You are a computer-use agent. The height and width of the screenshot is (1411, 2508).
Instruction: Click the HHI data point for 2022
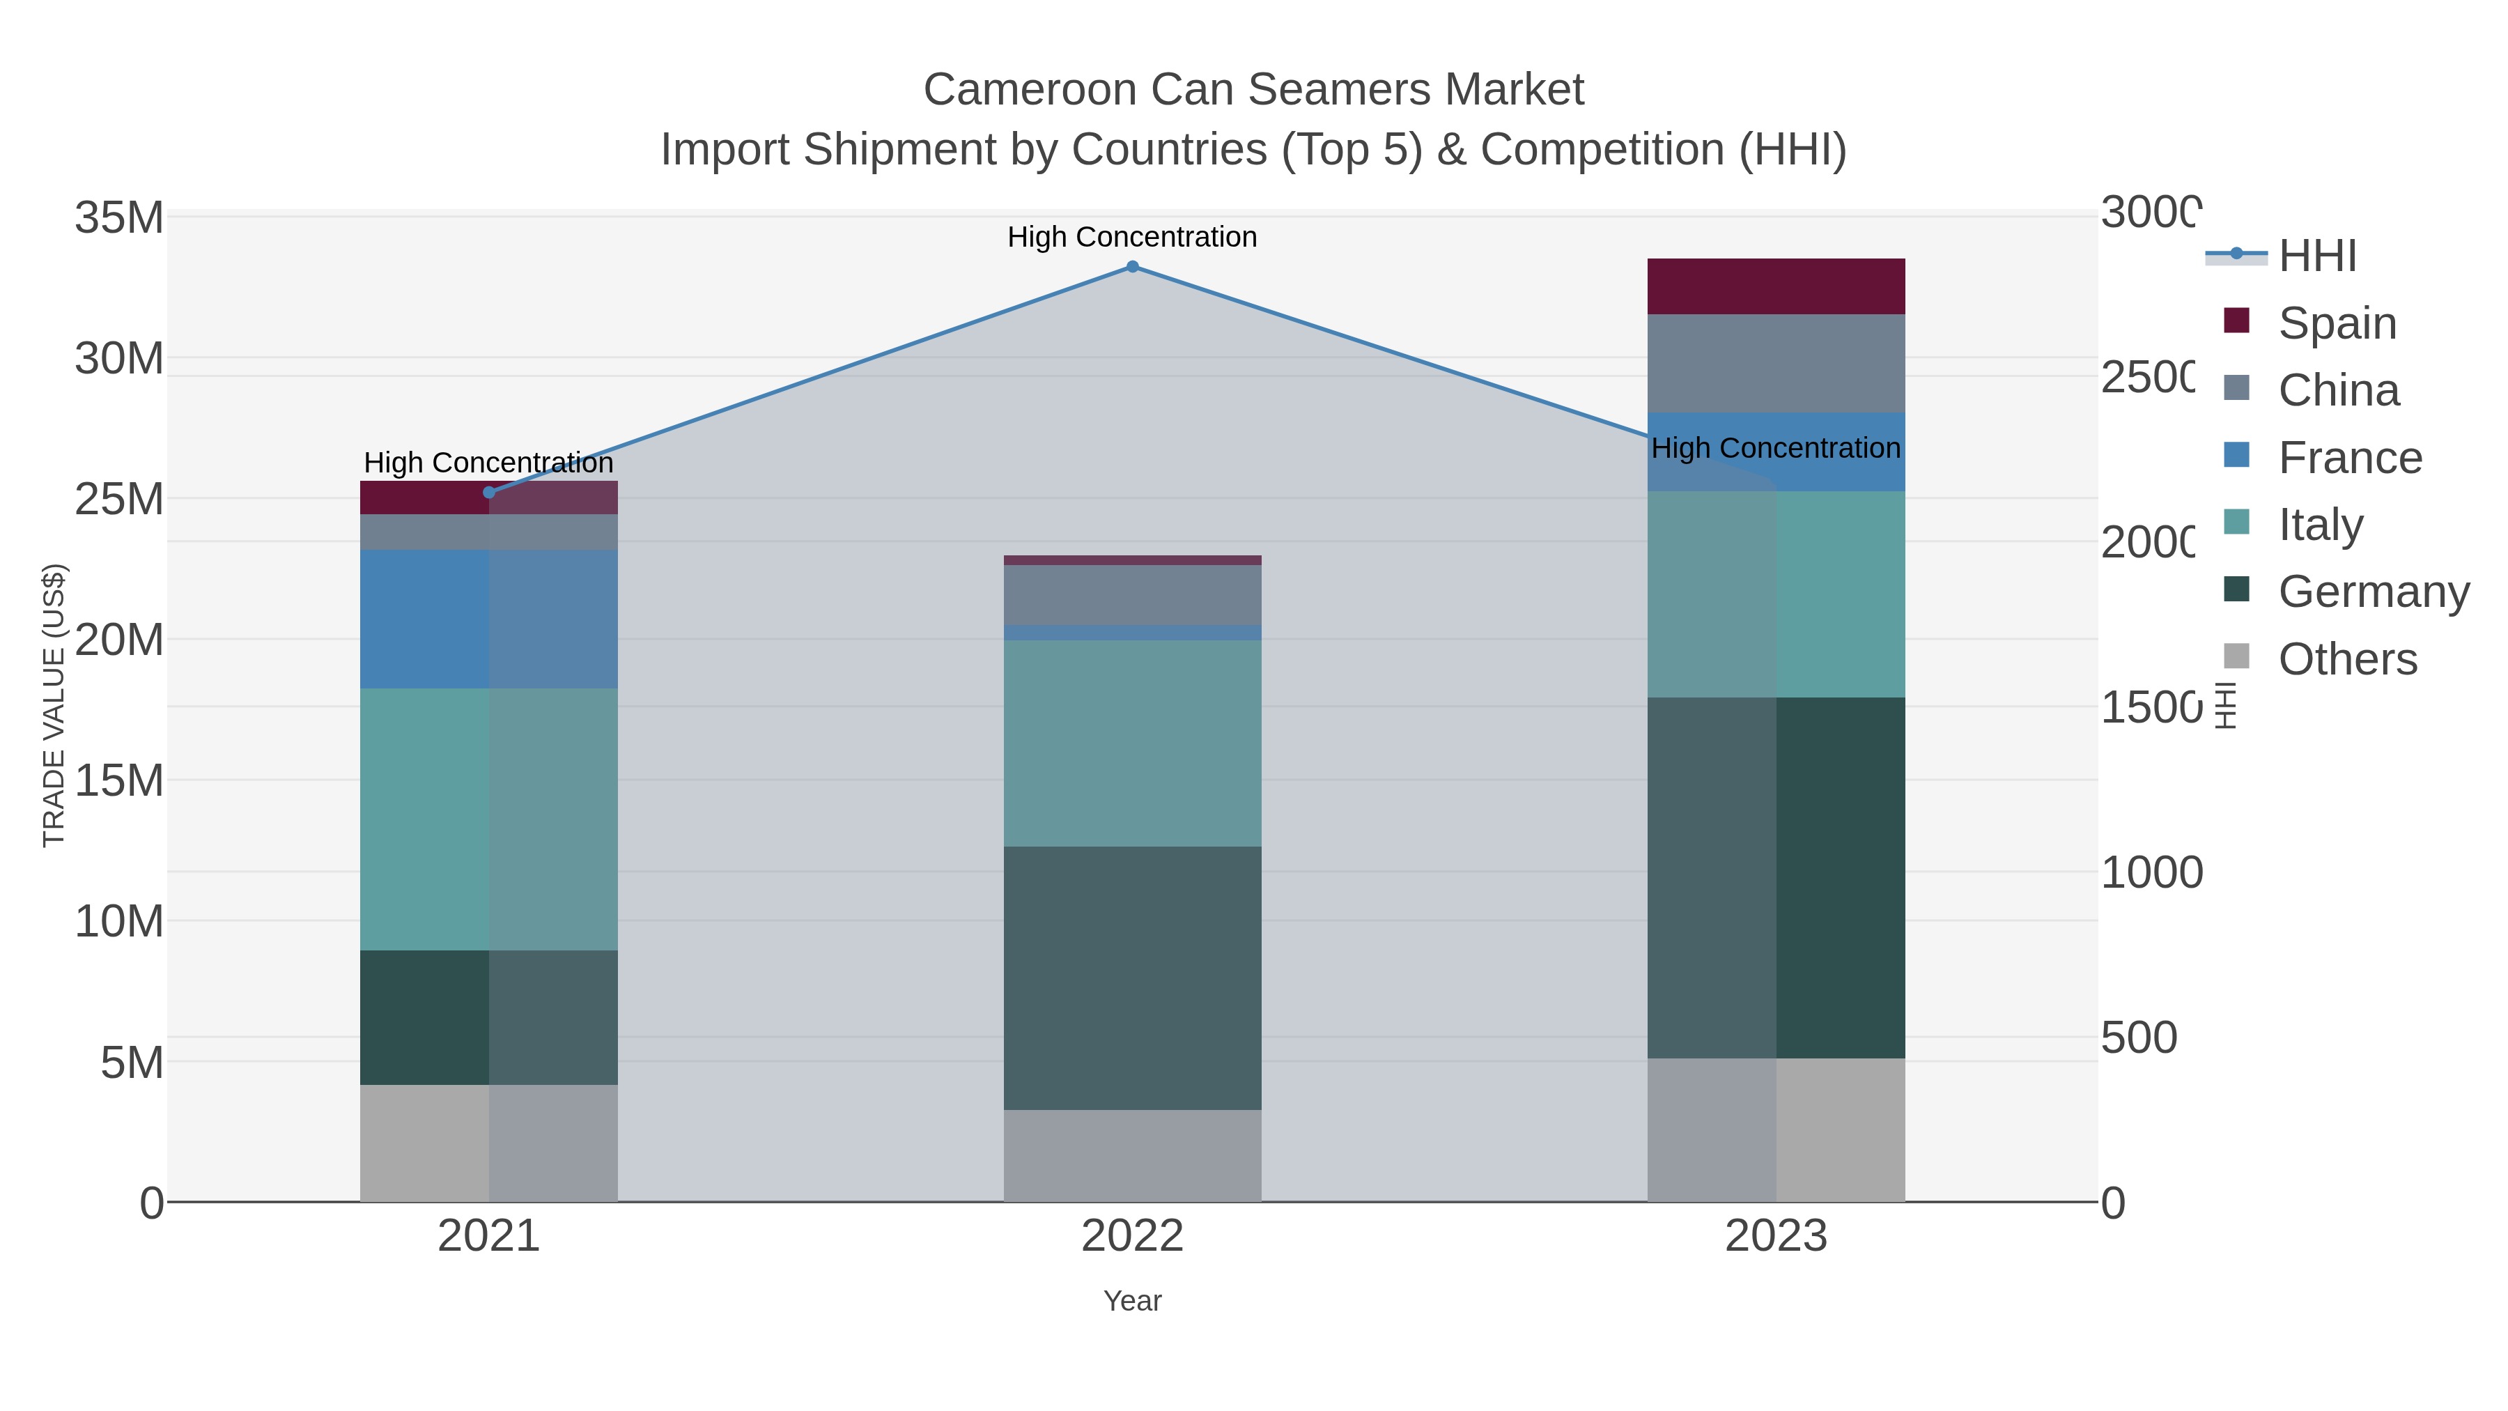click(1132, 267)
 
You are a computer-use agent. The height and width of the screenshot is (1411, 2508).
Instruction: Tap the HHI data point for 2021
click(489, 493)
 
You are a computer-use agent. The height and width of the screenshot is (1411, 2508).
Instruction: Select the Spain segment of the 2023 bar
click(1776, 286)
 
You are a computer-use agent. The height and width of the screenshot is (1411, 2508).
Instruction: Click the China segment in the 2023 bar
click(1776, 363)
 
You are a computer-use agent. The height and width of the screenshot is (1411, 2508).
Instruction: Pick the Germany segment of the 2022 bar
click(1132, 978)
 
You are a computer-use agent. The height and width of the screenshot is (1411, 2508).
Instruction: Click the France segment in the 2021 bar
click(489, 619)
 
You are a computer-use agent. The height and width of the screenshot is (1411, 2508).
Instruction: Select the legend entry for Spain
click(2337, 323)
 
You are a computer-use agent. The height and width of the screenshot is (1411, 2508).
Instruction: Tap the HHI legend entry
click(2316, 256)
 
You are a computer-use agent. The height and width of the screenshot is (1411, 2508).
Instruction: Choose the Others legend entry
click(2346, 659)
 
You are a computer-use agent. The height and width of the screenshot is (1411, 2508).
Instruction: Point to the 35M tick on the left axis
click(118, 218)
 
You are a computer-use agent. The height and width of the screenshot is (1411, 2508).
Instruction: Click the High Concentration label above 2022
click(1132, 237)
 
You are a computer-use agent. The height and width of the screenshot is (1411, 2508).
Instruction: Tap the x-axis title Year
click(1132, 1301)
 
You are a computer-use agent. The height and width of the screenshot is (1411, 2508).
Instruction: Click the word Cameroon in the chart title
click(1029, 90)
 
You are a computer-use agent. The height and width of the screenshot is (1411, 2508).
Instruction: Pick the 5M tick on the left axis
click(132, 1063)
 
